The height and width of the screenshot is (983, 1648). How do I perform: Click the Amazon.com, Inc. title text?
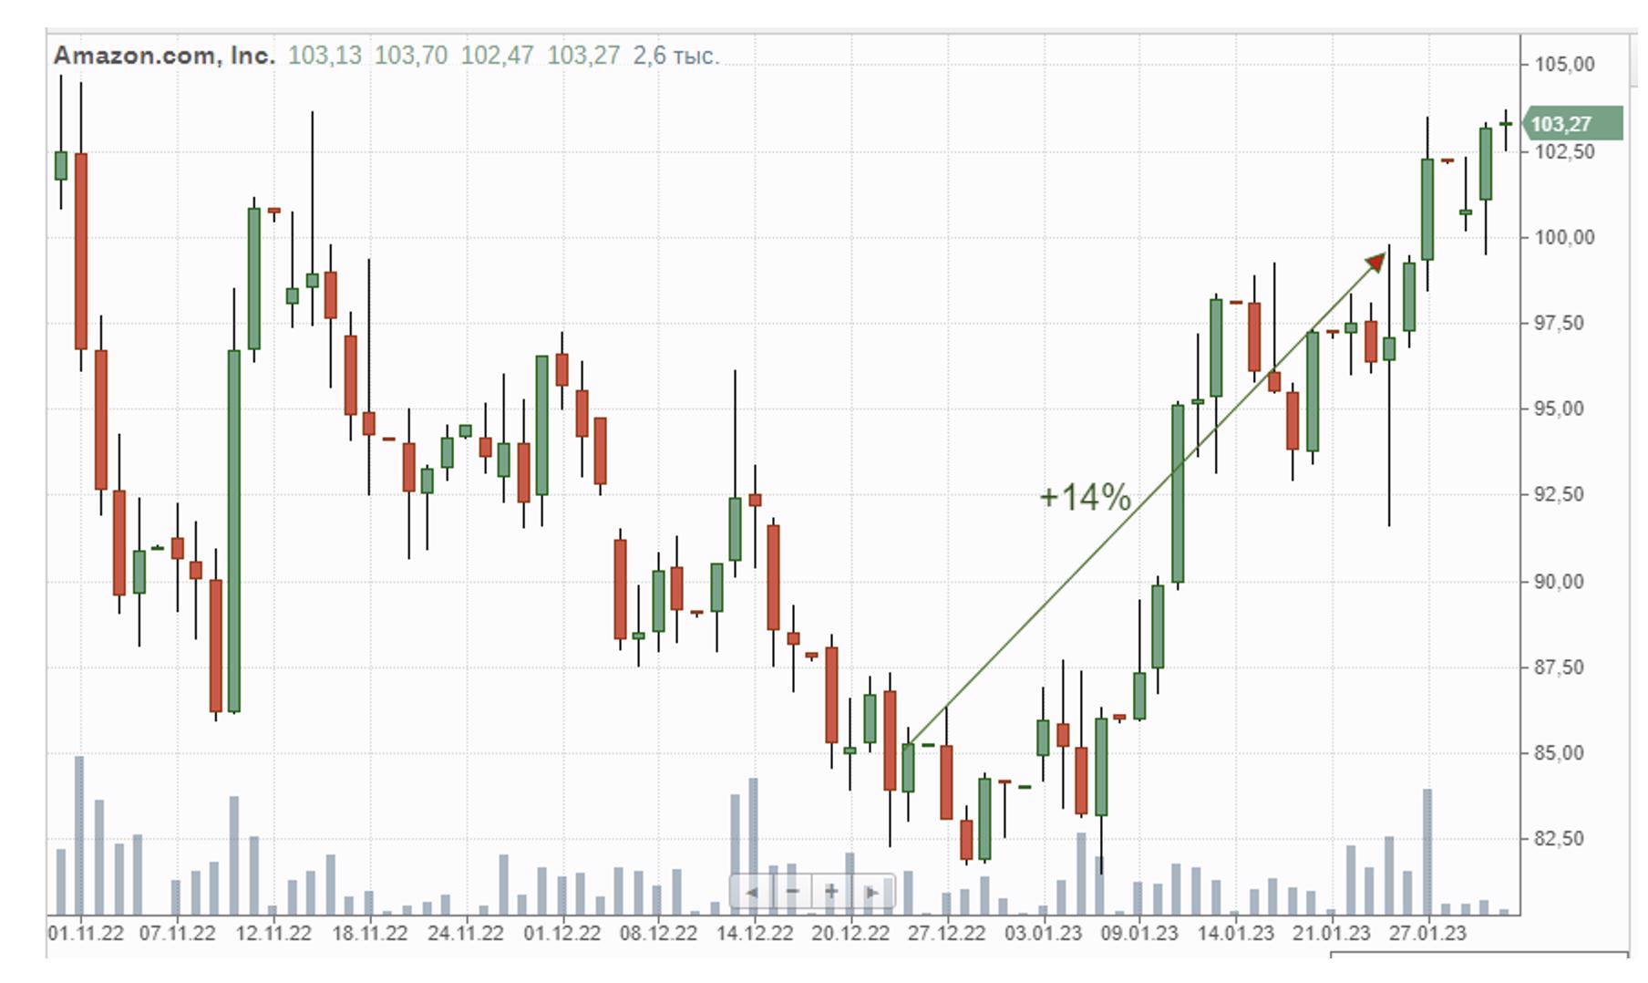click(x=164, y=56)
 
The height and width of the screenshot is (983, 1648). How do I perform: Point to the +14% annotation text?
click(x=1085, y=497)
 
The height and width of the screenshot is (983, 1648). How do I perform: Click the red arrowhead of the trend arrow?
click(x=1374, y=264)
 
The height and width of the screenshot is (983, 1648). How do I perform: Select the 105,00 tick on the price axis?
click(x=1564, y=65)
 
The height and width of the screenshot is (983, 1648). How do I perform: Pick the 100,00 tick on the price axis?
click(x=1564, y=238)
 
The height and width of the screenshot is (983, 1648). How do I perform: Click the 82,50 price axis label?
click(x=1564, y=839)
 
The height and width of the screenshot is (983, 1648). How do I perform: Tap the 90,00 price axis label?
click(x=1564, y=582)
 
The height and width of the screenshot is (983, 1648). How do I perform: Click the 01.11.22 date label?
click(x=86, y=934)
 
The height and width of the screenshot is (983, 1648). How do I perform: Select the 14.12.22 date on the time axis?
click(x=755, y=934)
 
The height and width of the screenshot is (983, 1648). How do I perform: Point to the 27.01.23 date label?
click(x=1427, y=934)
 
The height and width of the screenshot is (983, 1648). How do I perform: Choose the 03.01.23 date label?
click(x=1043, y=934)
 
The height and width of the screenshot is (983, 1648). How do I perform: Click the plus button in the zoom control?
click(x=831, y=892)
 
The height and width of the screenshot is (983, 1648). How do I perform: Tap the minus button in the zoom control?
click(x=792, y=892)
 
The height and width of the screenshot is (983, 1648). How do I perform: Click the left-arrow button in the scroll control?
click(x=752, y=892)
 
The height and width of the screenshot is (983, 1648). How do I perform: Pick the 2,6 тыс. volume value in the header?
click(x=675, y=56)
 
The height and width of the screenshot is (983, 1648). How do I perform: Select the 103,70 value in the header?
click(x=411, y=56)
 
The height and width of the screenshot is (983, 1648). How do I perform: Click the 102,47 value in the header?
click(x=497, y=56)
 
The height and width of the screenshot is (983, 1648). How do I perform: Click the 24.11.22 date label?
click(x=466, y=934)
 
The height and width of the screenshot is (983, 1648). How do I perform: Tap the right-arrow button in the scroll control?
click(x=871, y=892)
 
